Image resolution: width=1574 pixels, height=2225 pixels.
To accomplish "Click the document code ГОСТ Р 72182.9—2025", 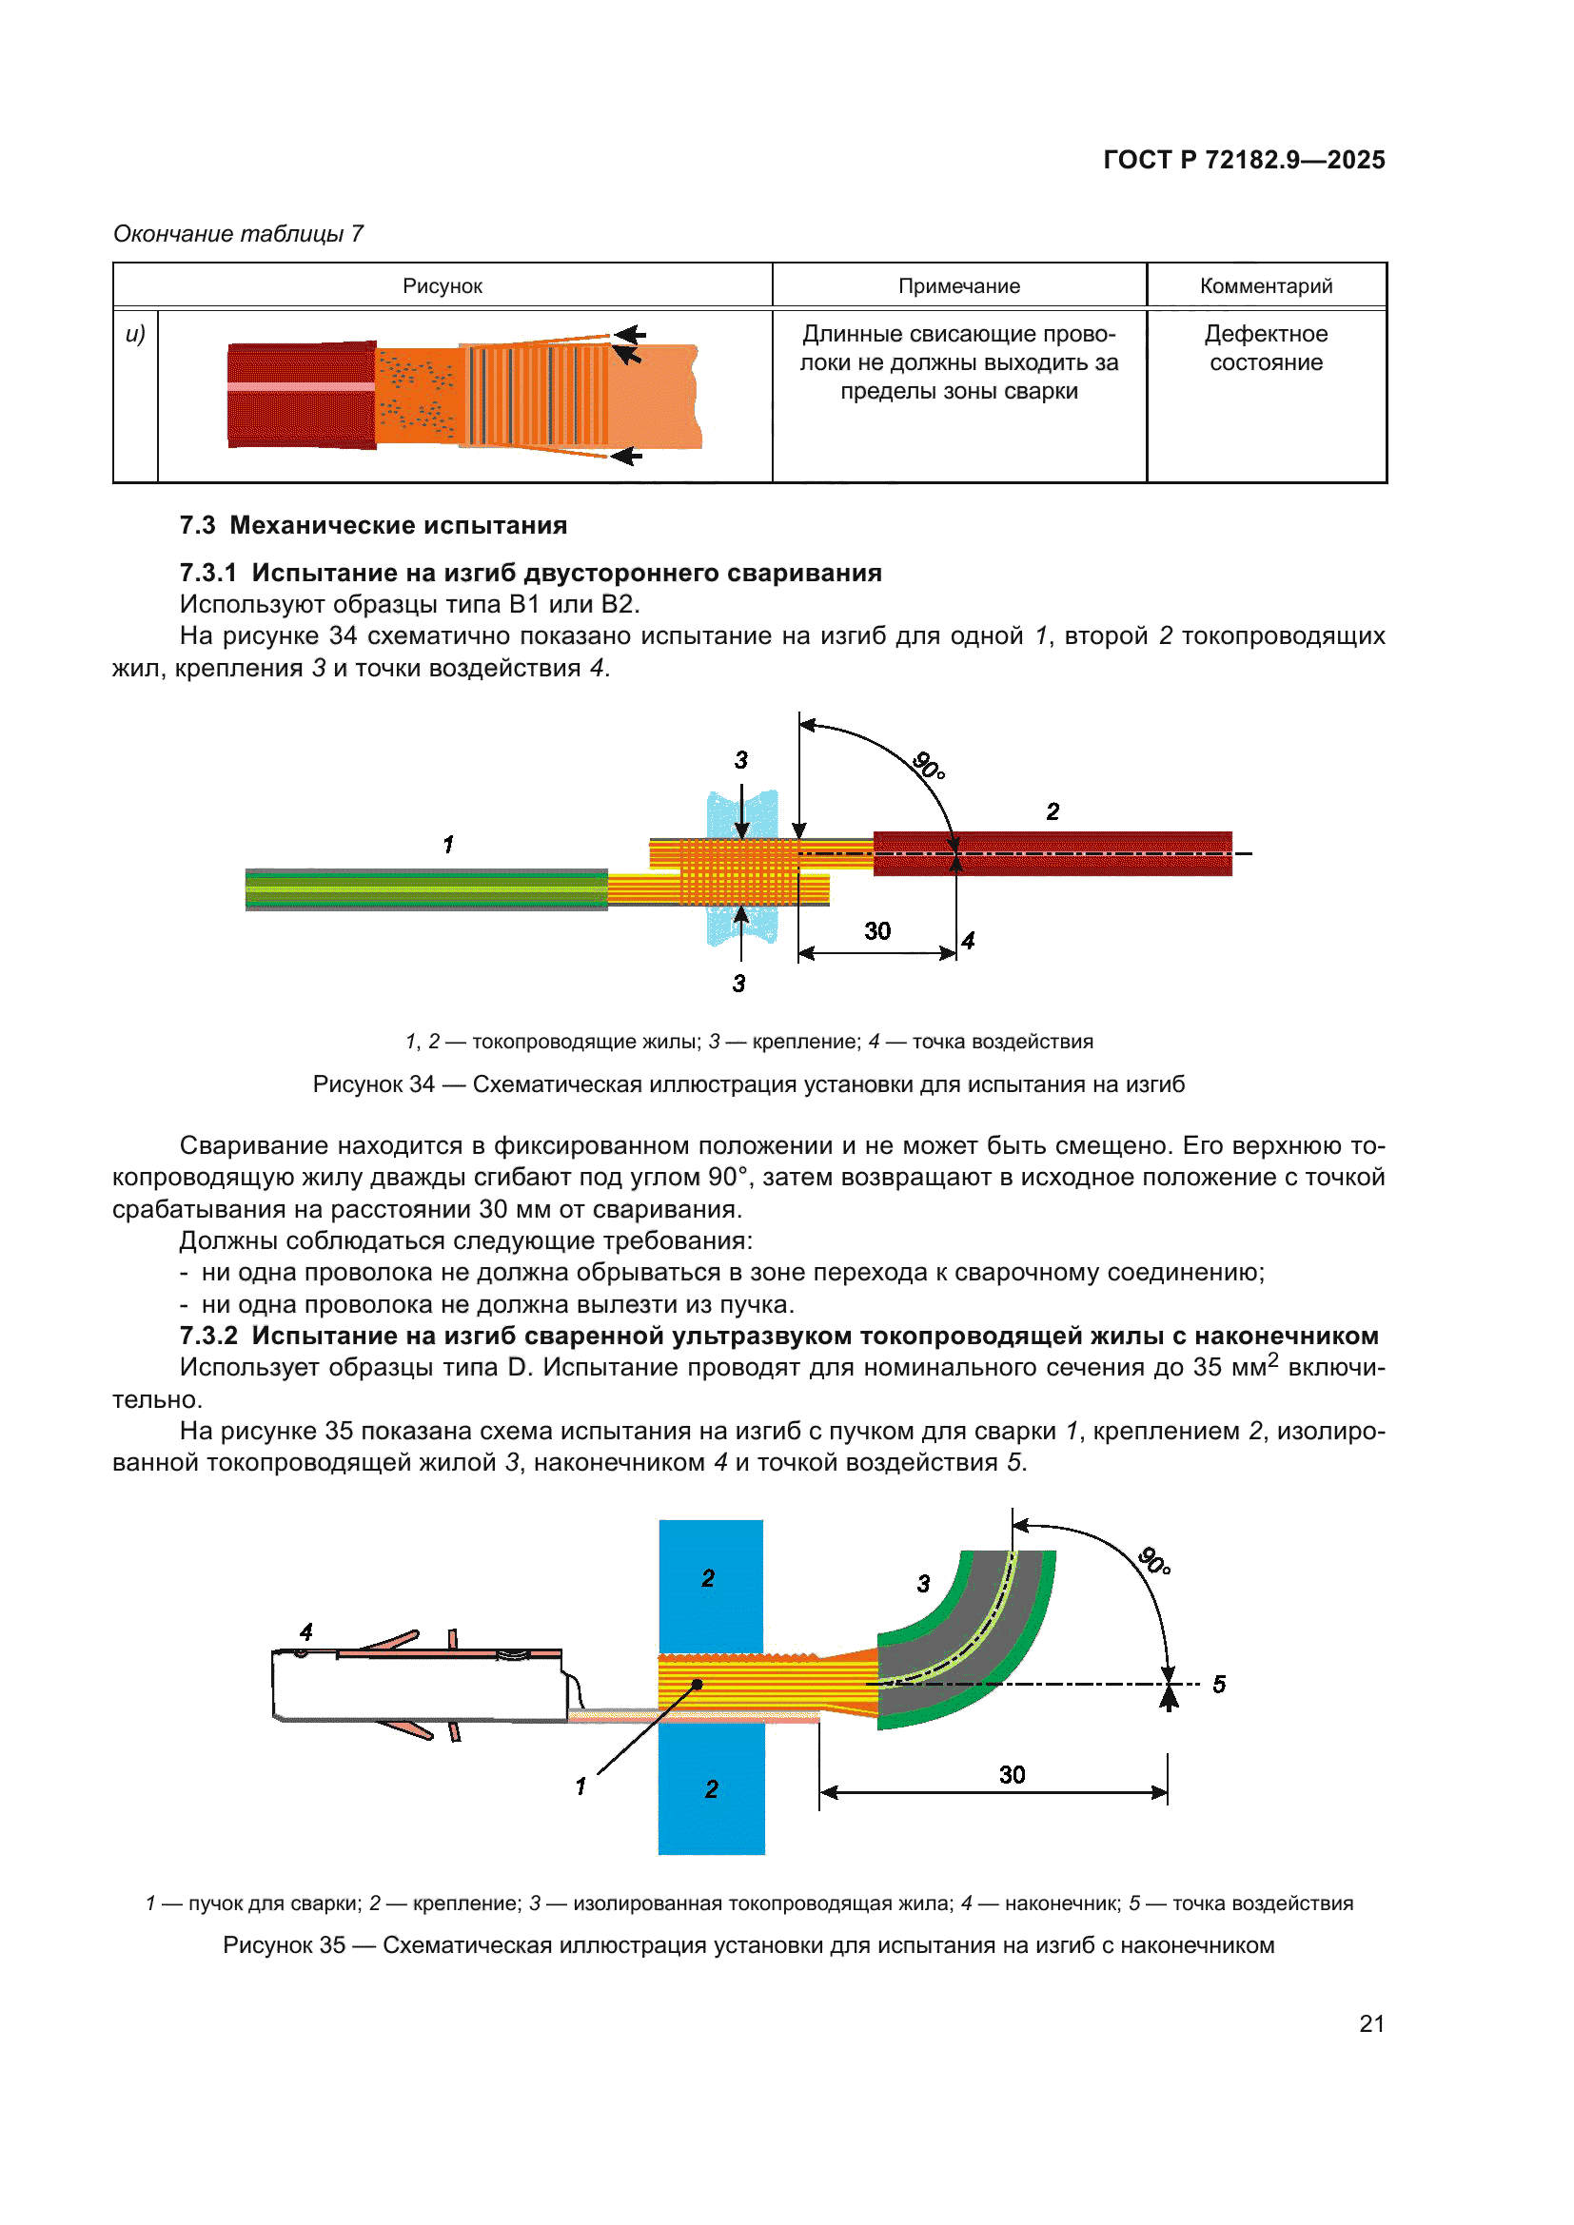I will [x=1244, y=160].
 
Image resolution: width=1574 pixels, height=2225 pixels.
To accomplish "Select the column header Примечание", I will [x=958, y=286].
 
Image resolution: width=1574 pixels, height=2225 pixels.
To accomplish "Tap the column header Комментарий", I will [x=1266, y=286].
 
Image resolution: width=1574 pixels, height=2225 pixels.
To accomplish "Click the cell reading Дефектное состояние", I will [x=1266, y=348].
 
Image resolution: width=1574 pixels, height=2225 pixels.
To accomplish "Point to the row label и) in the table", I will [x=135, y=334].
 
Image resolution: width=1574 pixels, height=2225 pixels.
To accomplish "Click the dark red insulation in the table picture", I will [x=301, y=395].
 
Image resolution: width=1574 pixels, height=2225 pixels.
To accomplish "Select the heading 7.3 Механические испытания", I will [x=373, y=525].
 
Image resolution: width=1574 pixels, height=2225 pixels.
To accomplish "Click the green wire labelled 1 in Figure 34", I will [x=426, y=888].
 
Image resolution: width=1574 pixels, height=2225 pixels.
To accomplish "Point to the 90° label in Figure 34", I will [x=929, y=766].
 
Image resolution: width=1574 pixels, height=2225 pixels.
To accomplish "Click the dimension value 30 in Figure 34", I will [x=877, y=931].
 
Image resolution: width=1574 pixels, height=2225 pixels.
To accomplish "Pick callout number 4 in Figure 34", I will [x=967, y=940].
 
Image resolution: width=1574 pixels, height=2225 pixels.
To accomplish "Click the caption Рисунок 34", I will [x=748, y=1084].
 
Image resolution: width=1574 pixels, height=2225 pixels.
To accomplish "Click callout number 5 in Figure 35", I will [x=1218, y=1685].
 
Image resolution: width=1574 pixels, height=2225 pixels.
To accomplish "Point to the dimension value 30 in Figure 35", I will [x=1012, y=1774].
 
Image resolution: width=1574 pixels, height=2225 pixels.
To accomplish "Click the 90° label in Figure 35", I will [x=1153, y=1561].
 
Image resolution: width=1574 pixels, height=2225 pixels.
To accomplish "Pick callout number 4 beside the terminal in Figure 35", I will [x=306, y=1632].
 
